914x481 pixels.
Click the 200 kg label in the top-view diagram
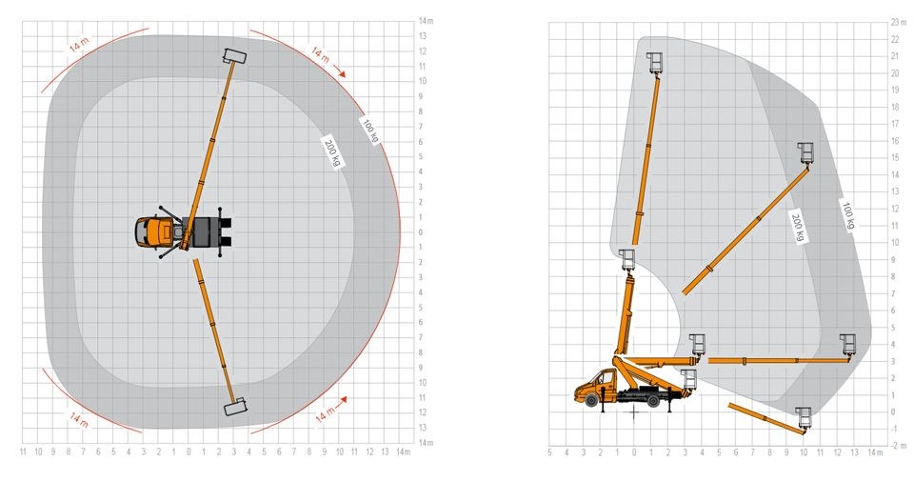point(332,151)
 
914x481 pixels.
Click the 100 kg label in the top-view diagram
point(370,130)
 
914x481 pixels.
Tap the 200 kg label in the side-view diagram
point(798,227)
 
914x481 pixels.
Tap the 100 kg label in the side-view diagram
point(848,215)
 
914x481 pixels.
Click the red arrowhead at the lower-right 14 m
point(343,399)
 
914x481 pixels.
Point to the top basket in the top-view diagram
point(234,56)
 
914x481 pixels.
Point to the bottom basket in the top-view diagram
point(235,407)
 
